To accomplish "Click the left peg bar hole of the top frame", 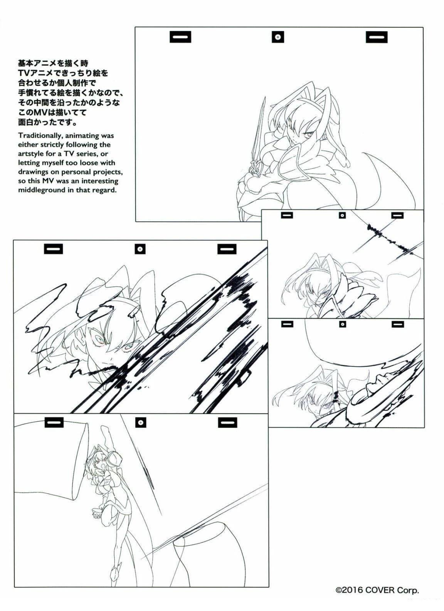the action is coord(180,37).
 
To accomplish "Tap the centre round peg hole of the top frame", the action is coord(277,37).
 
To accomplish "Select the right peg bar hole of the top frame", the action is coord(377,37).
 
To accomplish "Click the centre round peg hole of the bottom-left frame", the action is coord(141,422).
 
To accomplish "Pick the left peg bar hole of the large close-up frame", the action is coord(54,249).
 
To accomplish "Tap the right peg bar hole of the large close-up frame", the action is coord(227,249).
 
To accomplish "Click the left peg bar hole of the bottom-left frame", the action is coord(54,422).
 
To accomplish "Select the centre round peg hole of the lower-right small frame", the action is coord(343,324).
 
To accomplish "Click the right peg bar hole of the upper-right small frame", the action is coord(397,215).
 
